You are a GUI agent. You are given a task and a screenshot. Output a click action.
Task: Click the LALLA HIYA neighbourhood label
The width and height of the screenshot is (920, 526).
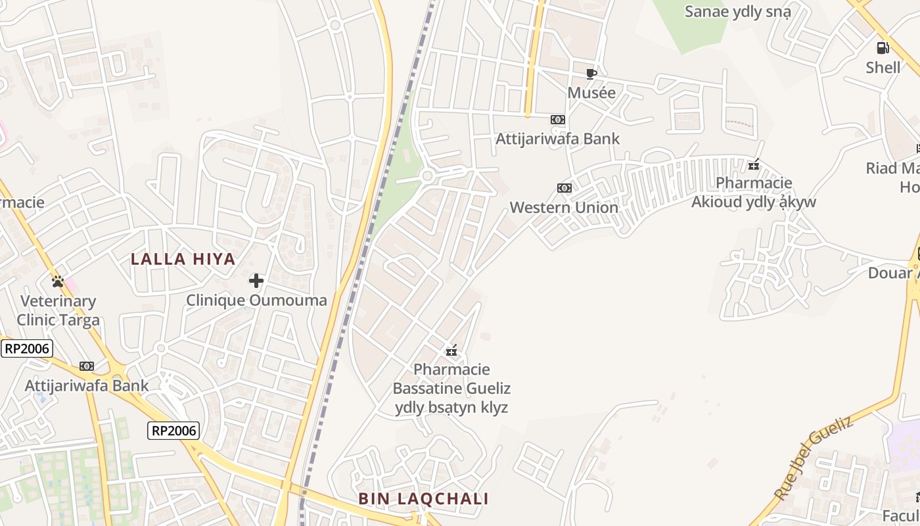click(x=183, y=259)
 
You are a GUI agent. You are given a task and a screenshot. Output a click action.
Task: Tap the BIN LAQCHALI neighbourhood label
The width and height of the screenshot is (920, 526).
click(x=423, y=498)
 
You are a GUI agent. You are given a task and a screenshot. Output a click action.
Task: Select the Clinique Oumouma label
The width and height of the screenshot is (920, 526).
click(x=256, y=300)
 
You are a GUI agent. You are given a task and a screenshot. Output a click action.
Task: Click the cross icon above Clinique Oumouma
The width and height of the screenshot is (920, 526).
click(x=256, y=281)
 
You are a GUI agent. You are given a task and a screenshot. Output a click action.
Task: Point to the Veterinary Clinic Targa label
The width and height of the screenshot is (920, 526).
click(x=58, y=311)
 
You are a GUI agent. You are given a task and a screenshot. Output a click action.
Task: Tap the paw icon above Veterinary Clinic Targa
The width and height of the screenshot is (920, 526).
click(x=58, y=281)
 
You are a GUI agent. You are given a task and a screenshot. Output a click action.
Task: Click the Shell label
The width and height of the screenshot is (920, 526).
click(x=883, y=67)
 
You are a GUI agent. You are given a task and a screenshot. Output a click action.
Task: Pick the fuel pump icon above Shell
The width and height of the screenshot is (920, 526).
click(x=883, y=47)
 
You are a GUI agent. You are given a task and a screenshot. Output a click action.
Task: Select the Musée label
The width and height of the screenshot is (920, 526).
click(x=591, y=93)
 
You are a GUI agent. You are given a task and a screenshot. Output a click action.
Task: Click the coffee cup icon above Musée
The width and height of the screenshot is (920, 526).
click(x=591, y=73)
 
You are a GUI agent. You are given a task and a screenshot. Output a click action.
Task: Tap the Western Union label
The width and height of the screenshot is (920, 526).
click(x=564, y=208)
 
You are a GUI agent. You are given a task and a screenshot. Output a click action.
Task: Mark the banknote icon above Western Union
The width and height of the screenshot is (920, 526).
click(x=564, y=188)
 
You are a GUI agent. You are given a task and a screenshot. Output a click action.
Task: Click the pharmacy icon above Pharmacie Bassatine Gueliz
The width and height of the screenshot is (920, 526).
click(x=451, y=350)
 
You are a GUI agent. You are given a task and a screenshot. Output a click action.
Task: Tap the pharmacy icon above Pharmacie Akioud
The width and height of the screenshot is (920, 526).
click(x=754, y=164)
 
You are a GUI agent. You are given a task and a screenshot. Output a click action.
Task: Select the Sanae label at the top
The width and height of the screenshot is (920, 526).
click(x=737, y=12)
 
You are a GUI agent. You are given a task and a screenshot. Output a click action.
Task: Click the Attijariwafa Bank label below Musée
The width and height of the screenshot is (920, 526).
click(x=557, y=139)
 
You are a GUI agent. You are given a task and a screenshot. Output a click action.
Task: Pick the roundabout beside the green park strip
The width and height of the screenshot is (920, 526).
click(x=427, y=176)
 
